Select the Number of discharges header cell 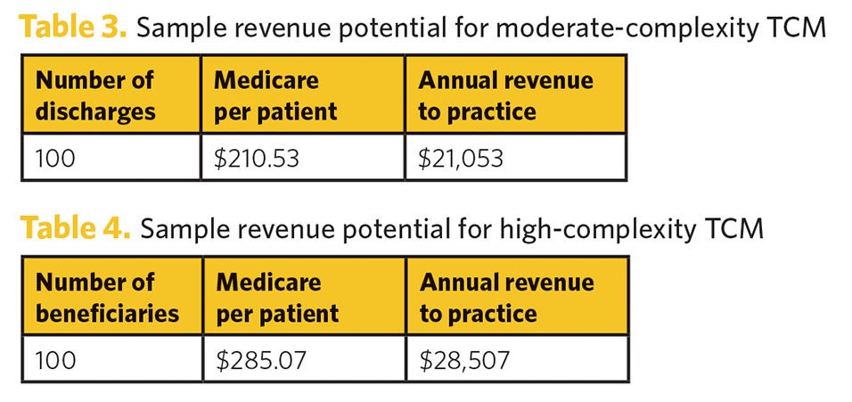[x=111, y=95]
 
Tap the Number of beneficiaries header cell [x=111, y=298]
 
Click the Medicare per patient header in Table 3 [x=303, y=95]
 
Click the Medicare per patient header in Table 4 [x=304, y=298]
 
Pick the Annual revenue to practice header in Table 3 [x=515, y=95]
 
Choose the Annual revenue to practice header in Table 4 [x=516, y=298]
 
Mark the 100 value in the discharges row [x=55, y=159]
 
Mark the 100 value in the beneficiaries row [x=55, y=360]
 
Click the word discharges [x=95, y=112]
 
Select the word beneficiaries [x=107, y=314]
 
